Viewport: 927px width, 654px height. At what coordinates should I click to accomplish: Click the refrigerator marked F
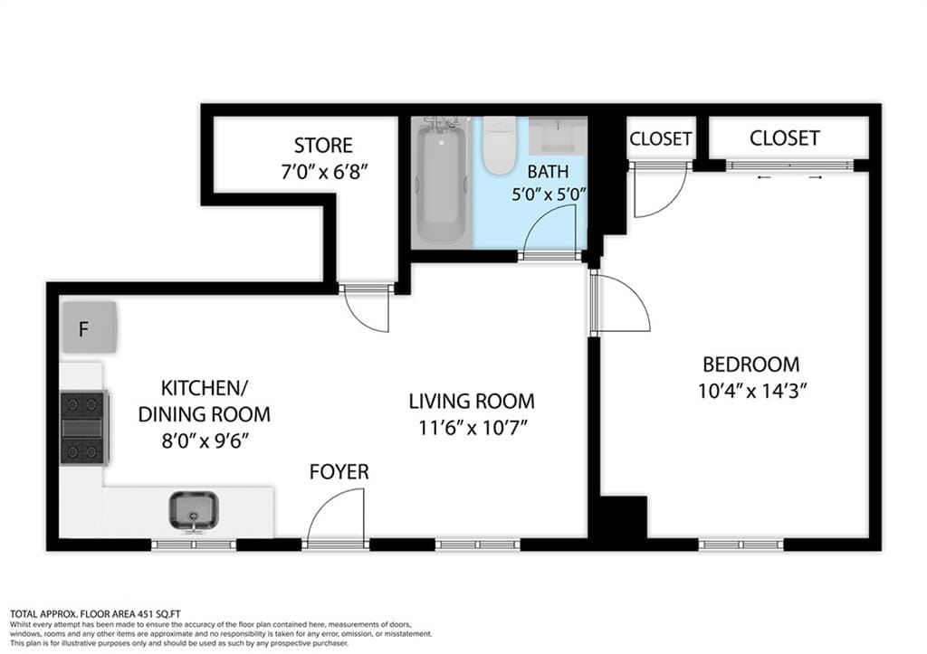89,327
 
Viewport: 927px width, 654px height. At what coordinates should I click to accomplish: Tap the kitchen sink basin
193,511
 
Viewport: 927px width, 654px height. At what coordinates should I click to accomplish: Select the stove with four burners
84,427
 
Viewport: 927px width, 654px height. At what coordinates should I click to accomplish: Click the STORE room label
323,146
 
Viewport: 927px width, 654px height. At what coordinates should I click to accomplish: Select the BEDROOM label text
751,365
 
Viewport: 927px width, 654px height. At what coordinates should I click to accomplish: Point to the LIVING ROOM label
471,401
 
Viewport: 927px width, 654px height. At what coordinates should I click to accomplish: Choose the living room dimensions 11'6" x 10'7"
471,428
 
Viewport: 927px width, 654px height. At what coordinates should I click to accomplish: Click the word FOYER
339,471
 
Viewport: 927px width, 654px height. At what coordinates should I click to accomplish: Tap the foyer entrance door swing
337,519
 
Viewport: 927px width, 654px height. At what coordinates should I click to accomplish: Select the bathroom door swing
550,232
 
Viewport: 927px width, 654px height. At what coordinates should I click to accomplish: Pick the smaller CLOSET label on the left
661,138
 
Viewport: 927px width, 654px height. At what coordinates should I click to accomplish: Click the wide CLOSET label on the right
784,137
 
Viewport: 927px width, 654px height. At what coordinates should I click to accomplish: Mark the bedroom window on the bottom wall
741,545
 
